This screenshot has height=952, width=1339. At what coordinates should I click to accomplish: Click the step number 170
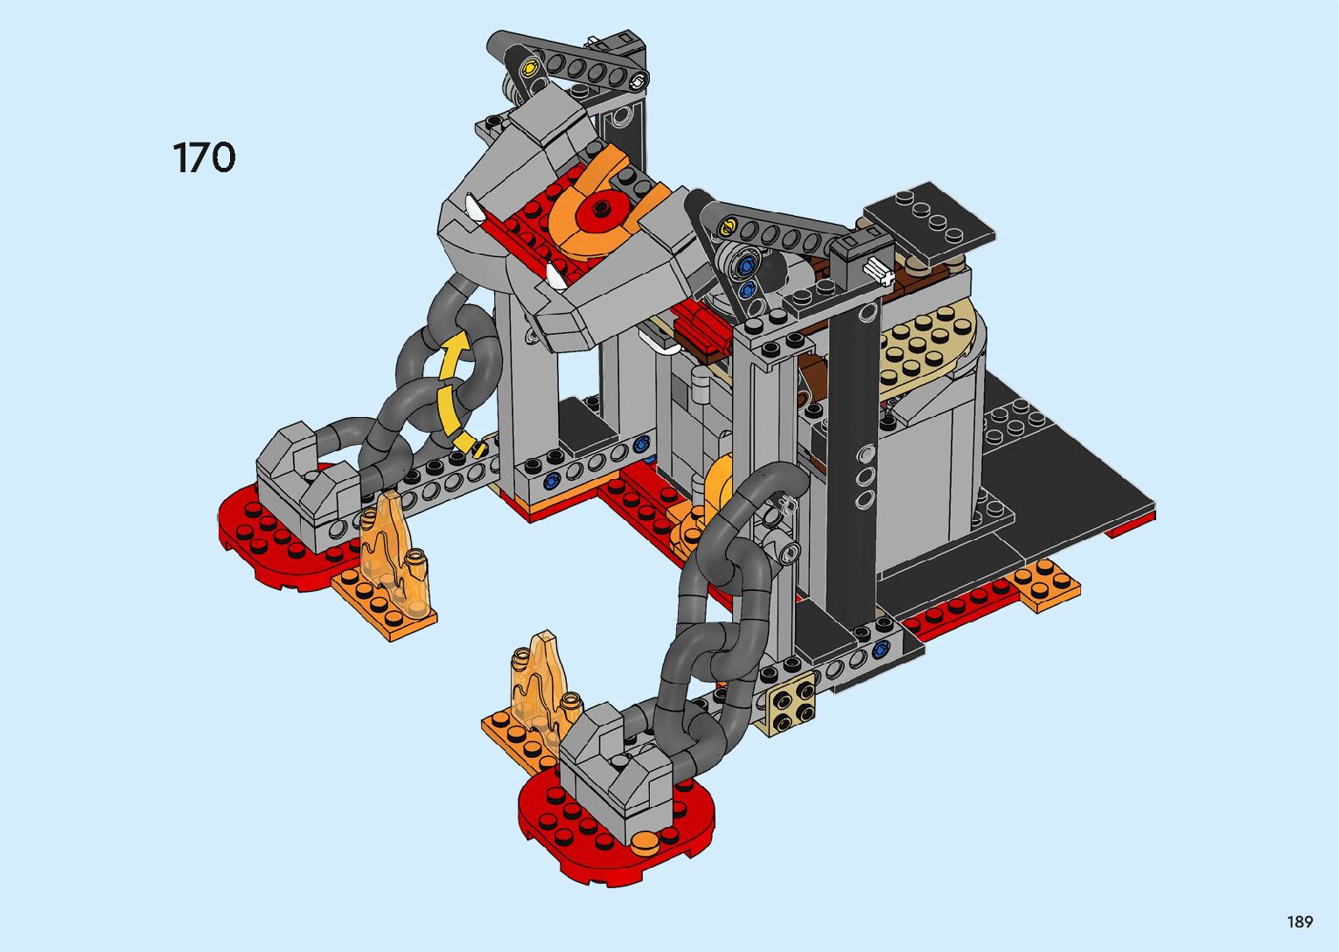205,157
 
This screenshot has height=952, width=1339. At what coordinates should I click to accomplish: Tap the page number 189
1301,921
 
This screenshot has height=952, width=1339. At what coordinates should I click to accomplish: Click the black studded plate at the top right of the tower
928,223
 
